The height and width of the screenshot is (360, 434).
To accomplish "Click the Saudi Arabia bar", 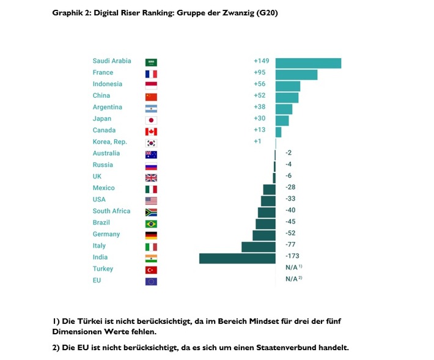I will pos(308,63).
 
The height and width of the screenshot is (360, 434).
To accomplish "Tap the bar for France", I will pos(296,75).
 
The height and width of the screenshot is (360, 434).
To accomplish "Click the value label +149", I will pos(261,61).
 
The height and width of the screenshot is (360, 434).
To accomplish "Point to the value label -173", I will pos(292,257).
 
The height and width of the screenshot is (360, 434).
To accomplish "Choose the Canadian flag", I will pos(151,131).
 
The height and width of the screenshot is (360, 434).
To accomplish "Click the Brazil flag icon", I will pos(151,224).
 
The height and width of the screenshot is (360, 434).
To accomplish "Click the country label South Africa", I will pos(111,211).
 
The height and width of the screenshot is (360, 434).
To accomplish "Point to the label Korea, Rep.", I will pos(109,142).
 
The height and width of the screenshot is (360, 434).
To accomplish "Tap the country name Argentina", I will pos(107,107).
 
